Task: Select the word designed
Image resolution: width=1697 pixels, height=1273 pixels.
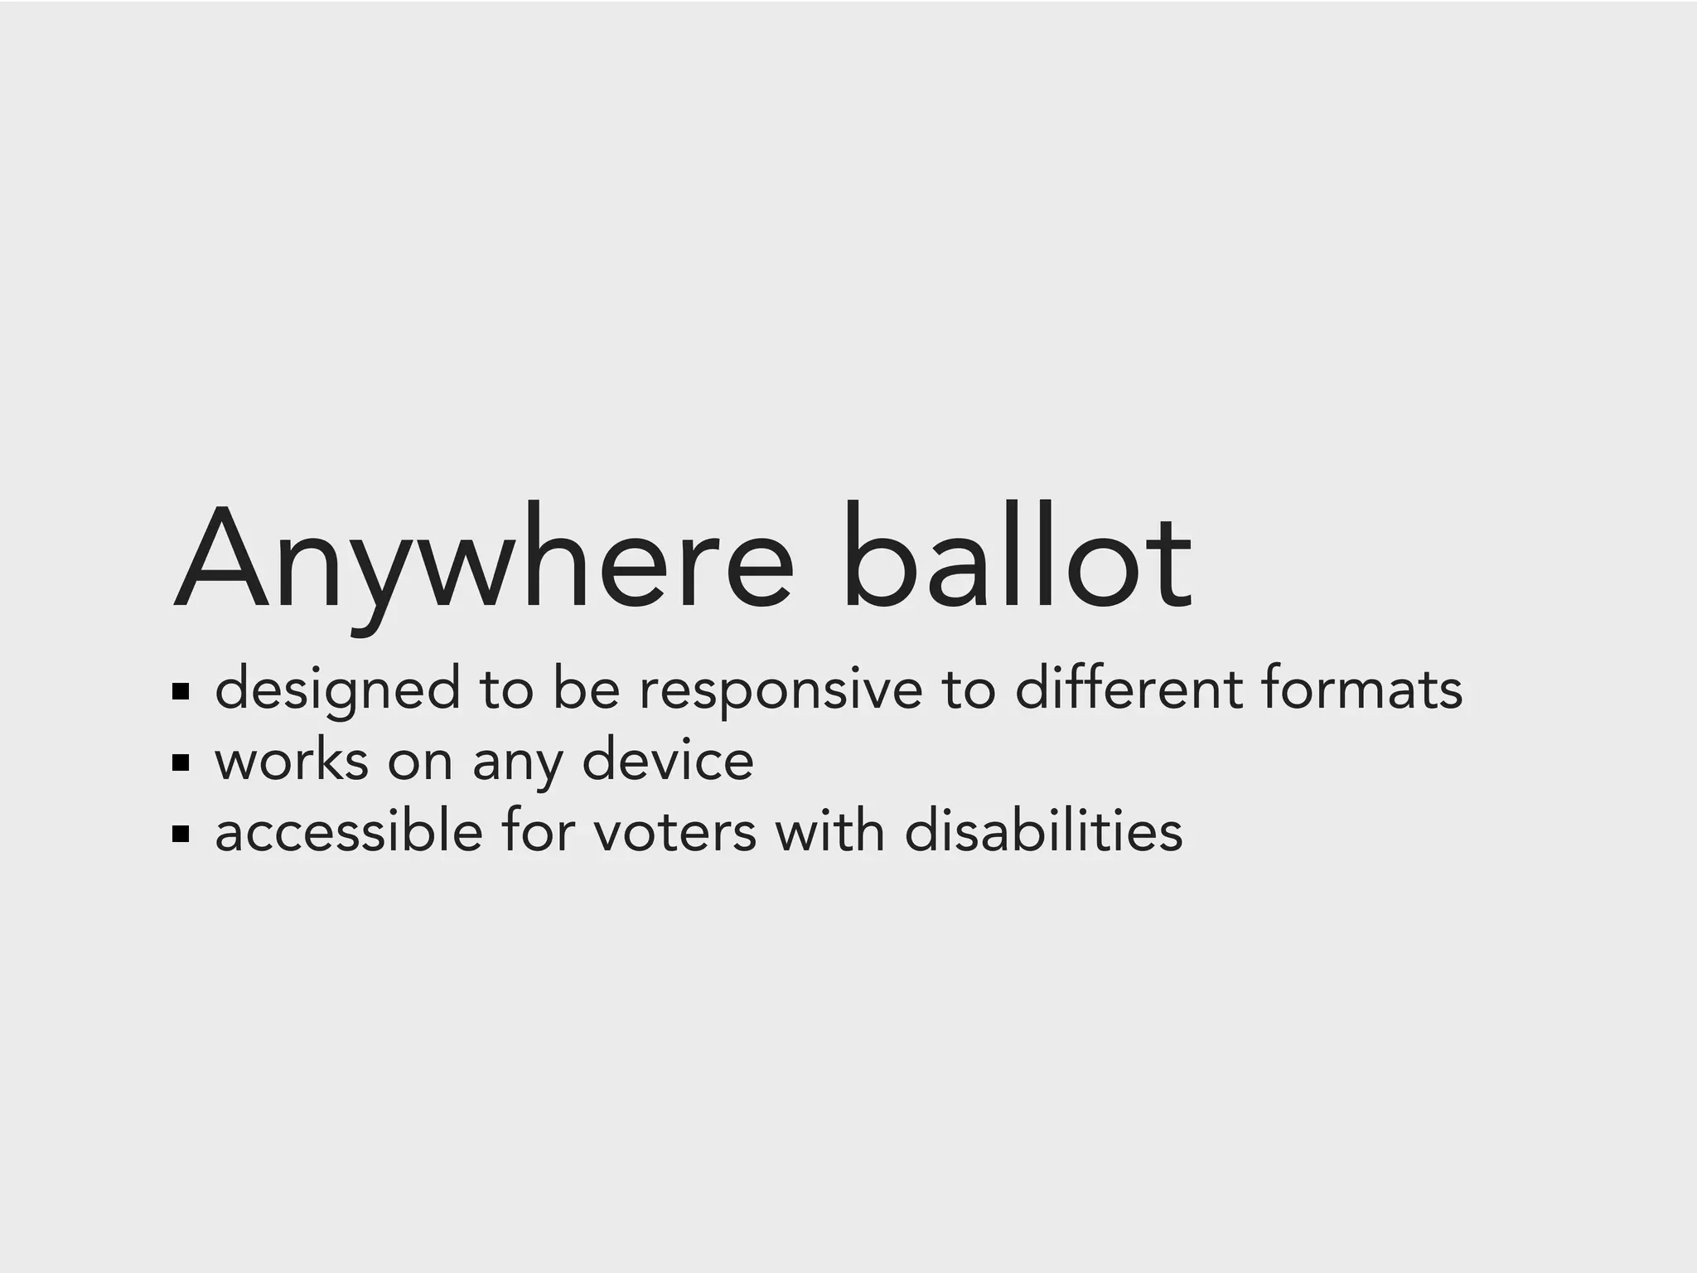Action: [x=337, y=690]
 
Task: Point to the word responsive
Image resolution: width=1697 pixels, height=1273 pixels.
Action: [x=781, y=690]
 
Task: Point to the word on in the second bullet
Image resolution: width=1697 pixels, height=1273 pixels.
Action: [x=420, y=762]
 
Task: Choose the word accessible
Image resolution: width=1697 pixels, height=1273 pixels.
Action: [x=349, y=831]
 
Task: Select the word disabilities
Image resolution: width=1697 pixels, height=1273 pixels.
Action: [x=1043, y=831]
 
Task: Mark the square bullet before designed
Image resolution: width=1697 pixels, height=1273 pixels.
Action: [x=181, y=691]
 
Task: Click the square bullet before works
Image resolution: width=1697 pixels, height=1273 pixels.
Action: [x=181, y=762]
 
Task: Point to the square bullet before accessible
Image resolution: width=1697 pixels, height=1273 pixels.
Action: [x=181, y=834]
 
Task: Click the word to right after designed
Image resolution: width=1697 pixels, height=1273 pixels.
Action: [x=506, y=690]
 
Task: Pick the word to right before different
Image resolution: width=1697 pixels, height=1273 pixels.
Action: [x=968, y=690]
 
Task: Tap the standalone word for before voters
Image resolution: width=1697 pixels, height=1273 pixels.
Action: [x=538, y=831]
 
